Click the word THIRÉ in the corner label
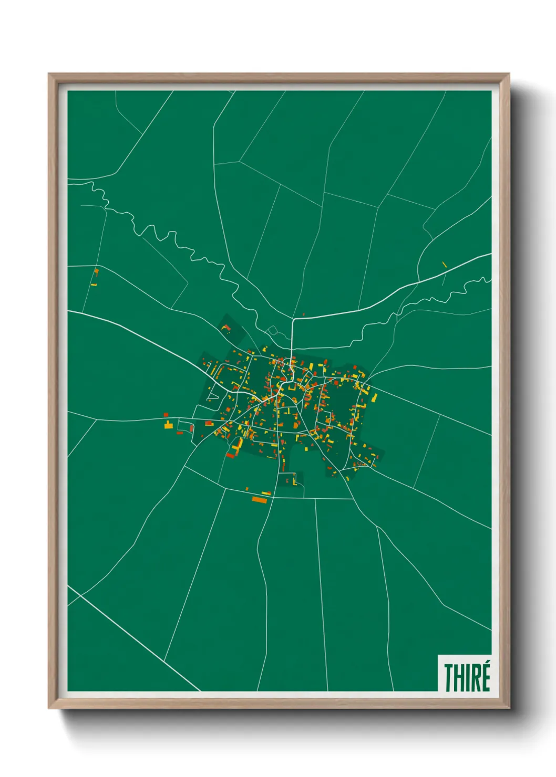467,677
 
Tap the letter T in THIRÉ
449,678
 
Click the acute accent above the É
487,665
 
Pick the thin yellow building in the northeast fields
445,265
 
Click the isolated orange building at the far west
97,271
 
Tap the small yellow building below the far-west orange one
94,284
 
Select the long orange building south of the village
260,500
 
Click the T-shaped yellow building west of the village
168,424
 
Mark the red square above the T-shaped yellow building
166,415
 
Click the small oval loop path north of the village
272,330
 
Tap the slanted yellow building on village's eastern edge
374,398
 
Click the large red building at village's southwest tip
230,455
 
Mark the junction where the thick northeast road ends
292,319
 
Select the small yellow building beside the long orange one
266,493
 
